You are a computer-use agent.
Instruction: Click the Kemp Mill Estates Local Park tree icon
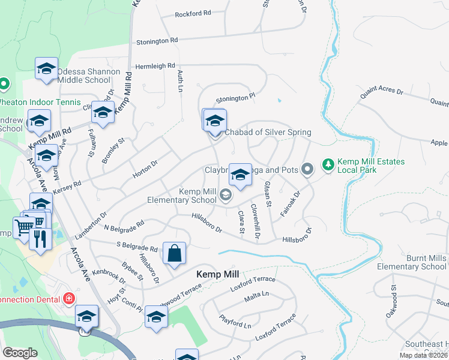point(328,163)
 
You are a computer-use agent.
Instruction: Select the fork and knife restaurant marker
point(39,238)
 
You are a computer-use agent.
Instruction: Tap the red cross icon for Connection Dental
point(70,298)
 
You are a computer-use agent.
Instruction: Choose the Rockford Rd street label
point(193,13)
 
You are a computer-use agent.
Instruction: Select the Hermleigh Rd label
point(155,66)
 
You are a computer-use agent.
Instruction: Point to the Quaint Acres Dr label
point(382,90)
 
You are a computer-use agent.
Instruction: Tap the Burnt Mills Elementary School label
point(411,262)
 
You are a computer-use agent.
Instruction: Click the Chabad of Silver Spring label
point(268,133)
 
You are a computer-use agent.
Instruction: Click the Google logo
point(20,353)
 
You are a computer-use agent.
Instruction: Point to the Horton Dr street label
point(145,167)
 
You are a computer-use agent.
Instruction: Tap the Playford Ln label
point(235,322)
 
